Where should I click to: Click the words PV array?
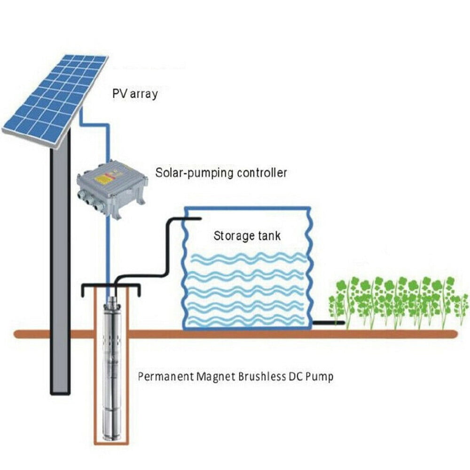coord(135,94)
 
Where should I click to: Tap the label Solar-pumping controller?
coord(221,172)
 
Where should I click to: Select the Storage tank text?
coord(247,235)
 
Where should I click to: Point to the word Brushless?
coord(262,376)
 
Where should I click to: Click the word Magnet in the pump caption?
coord(216,377)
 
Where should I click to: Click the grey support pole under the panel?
coord(60,264)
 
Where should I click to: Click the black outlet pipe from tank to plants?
coord(329,323)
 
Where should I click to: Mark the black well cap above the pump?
coord(111,287)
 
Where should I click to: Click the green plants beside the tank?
coord(398,303)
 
